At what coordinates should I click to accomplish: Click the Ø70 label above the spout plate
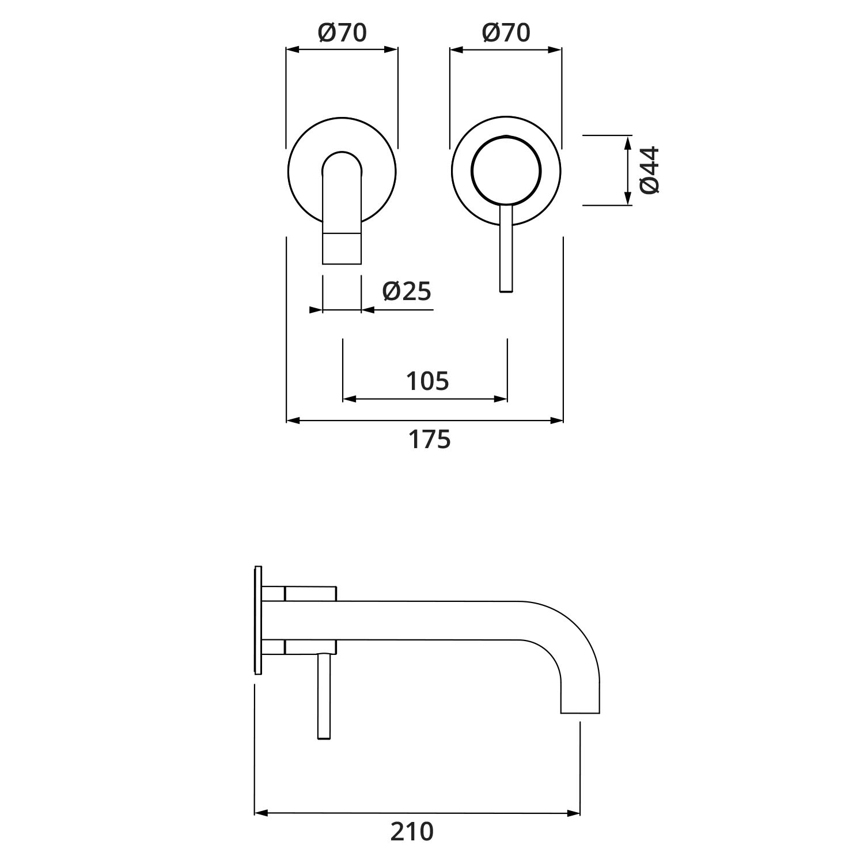click(x=342, y=33)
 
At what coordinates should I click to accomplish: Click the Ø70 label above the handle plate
click(x=506, y=33)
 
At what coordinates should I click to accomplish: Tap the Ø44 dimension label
click(x=650, y=170)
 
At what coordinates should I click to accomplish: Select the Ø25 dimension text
click(x=407, y=291)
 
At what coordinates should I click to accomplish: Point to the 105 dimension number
click(x=427, y=381)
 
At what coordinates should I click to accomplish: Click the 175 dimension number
click(x=430, y=439)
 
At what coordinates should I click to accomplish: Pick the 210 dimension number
click(x=412, y=832)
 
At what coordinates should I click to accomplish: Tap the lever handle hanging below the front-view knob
click(x=506, y=248)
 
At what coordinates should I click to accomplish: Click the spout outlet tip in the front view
click(x=342, y=248)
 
